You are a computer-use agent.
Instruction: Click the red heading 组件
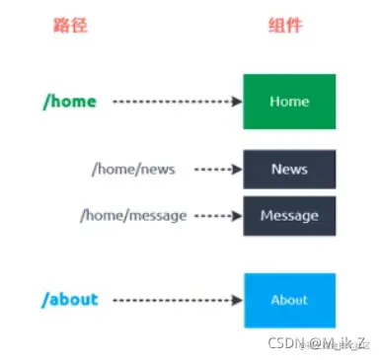pos(286,26)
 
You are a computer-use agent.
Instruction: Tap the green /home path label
pos(69,101)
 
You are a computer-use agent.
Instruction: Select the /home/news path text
pos(132,169)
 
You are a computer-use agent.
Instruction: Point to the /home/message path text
pos(138,215)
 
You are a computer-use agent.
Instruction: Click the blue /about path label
pos(71,299)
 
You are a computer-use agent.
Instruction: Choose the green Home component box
pos(289,101)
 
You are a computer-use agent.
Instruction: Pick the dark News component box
pos(289,169)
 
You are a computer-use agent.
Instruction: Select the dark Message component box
pos(289,215)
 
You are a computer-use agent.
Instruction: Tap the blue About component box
pos(289,300)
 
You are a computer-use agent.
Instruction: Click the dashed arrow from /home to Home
pos(178,101)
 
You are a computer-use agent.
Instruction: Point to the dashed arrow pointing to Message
pos(218,215)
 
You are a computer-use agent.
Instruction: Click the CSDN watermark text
pos(322,342)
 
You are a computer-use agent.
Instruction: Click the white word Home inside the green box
pos(289,101)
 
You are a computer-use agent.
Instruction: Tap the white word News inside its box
pos(289,169)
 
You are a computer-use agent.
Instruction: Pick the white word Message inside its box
pos(289,215)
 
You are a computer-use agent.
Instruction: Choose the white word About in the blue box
pos(289,300)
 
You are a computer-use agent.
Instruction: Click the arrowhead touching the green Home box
pos(237,101)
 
